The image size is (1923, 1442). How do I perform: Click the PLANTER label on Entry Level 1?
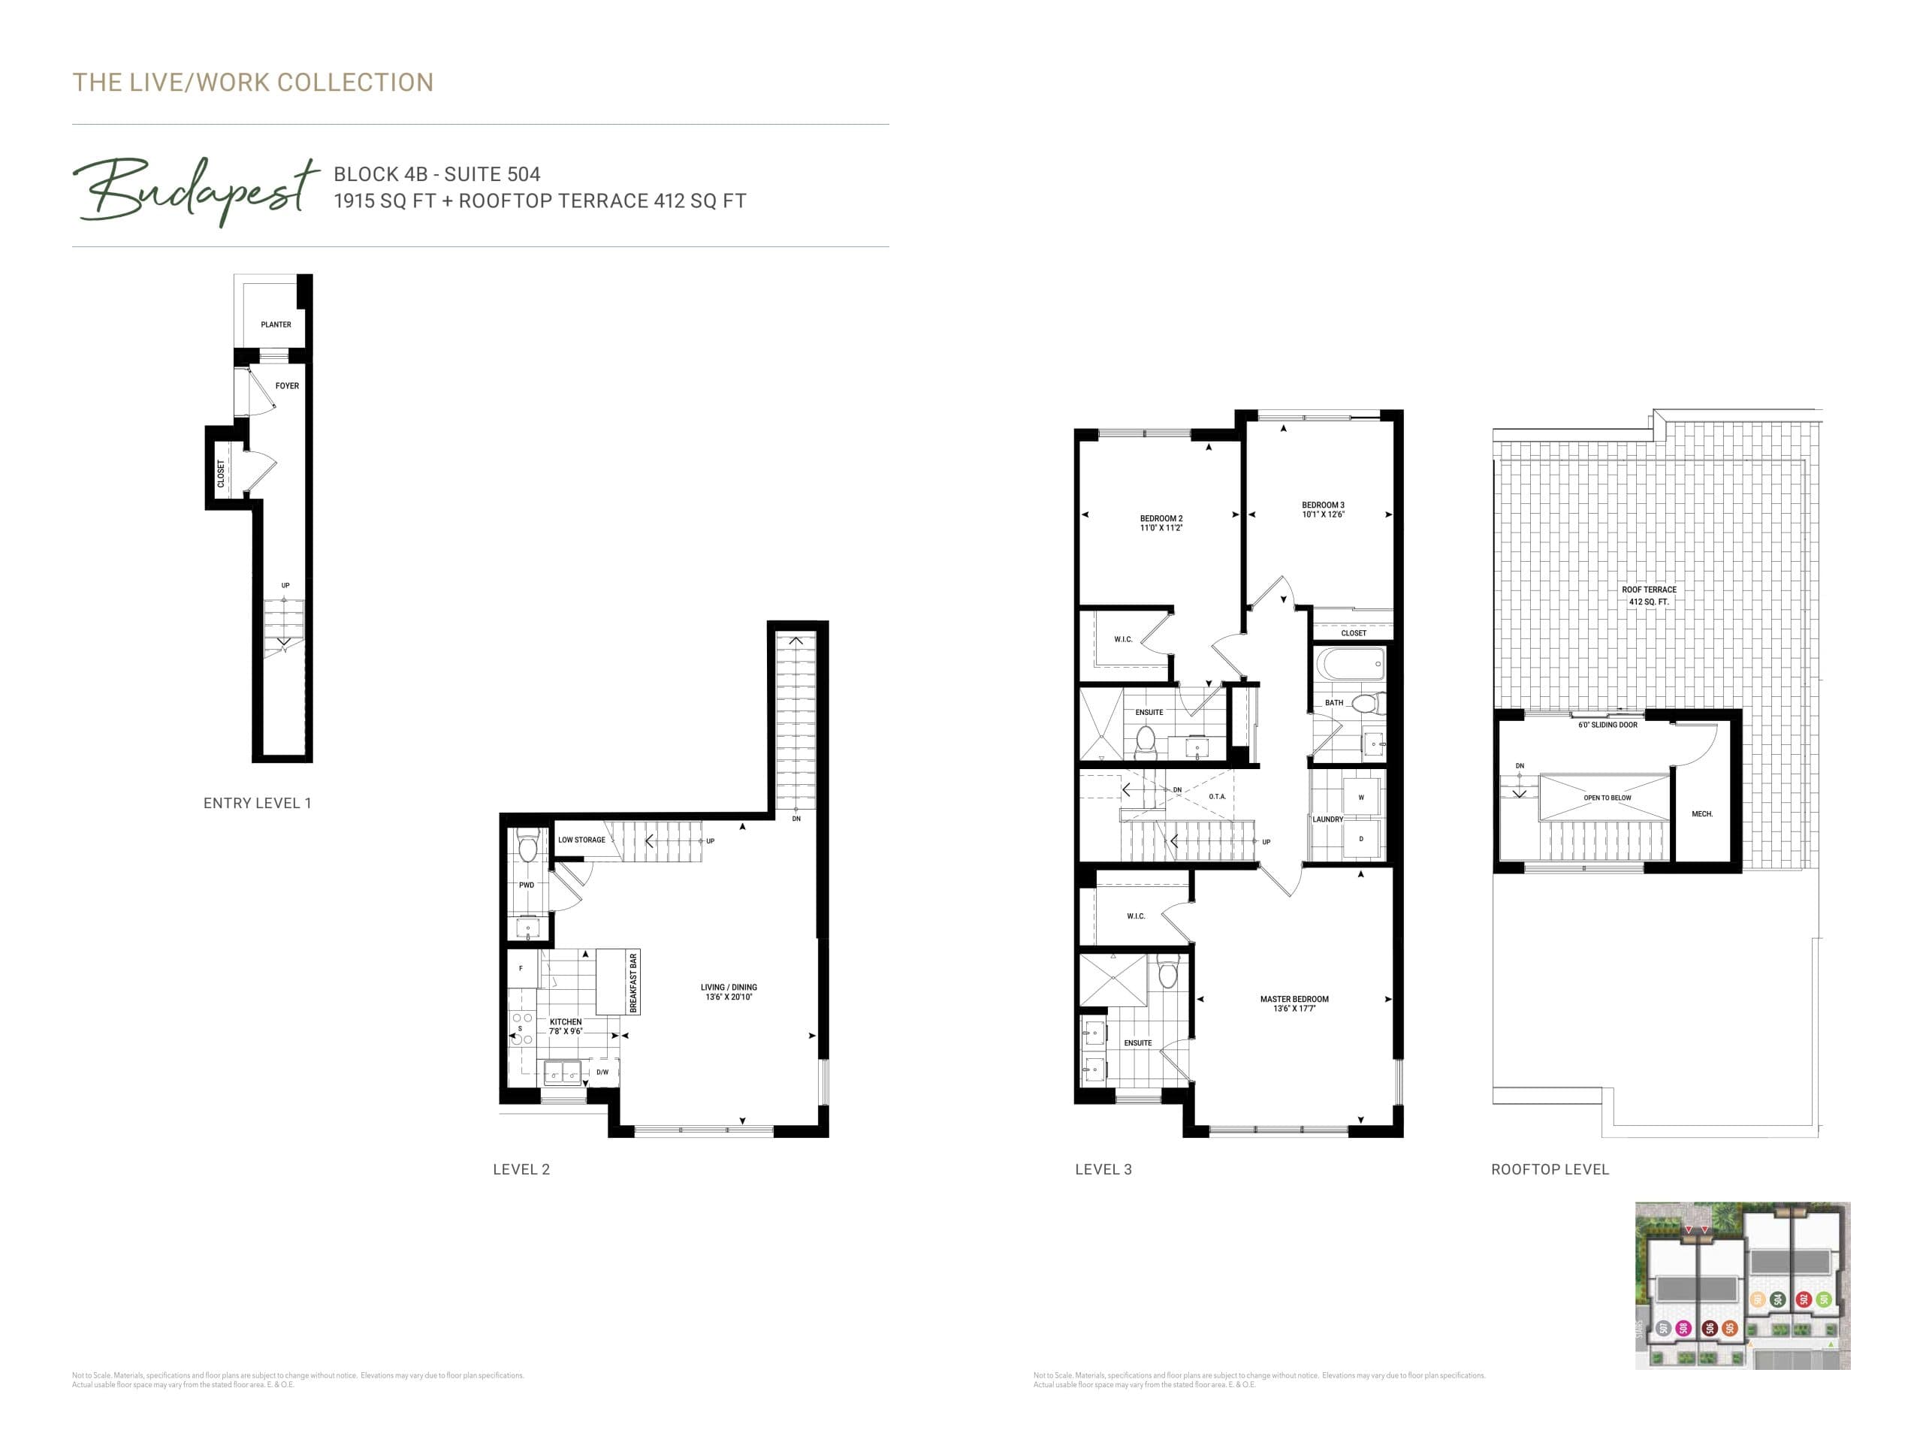[x=276, y=324]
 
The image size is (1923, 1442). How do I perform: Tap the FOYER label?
[x=287, y=386]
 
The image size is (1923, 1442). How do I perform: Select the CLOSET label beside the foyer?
[x=221, y=473]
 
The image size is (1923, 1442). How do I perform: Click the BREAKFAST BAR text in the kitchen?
[x=633, y=983]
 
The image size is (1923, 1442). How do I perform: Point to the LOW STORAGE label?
[x=581, y=840]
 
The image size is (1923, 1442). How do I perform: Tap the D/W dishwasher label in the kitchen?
[x=602, y=1072]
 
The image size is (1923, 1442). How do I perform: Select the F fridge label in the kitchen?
[x=521, y=968]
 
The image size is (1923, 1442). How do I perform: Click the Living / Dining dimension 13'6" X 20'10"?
[x=729, y=997]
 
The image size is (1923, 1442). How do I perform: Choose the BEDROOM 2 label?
[x=1161, y=519]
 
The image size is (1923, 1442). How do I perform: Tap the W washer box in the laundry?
[x=1361, y=797]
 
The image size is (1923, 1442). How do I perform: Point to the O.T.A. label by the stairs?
[x=1217, y=796]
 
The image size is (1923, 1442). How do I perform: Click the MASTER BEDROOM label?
[x=1294, y=999]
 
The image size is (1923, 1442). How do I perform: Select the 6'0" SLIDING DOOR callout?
[x=1608, y=725]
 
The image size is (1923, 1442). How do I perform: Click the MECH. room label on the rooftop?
[x=1702, y=814]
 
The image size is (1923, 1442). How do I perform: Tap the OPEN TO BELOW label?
[x=1608, y=798]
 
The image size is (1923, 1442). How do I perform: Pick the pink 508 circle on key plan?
[x=1684, y=1328]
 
